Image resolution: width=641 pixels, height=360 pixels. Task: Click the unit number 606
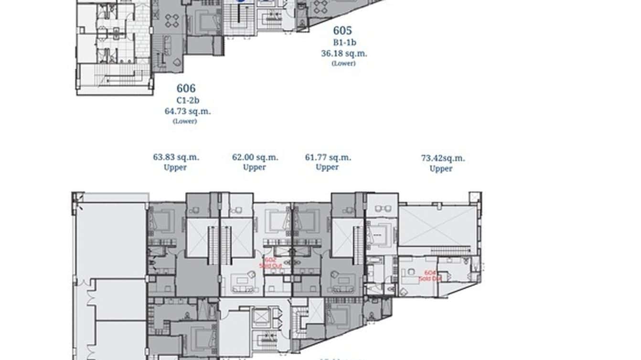186,88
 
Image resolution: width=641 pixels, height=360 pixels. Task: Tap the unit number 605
342,31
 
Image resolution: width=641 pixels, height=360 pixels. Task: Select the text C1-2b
186,101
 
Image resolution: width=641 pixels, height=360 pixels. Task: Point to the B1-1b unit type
344,43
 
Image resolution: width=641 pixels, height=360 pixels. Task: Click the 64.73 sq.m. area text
187,111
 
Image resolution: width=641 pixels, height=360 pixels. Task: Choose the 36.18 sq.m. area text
344,53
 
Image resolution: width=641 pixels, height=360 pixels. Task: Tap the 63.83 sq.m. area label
176,157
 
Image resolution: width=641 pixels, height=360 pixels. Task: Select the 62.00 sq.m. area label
255,157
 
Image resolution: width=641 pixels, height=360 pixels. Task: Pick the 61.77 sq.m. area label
328,157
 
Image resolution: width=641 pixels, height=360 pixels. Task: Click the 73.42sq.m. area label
443,158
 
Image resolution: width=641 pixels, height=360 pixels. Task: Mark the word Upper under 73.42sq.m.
440,169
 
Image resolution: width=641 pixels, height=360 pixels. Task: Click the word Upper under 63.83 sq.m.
175,167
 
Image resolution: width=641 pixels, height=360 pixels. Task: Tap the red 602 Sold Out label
271,263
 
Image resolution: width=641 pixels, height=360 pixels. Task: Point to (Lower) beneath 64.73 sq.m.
184,121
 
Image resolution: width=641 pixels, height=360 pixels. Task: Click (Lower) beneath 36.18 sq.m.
343,63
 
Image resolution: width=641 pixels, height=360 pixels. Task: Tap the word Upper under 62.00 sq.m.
254,167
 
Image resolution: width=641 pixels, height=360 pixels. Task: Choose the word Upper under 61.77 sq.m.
327,167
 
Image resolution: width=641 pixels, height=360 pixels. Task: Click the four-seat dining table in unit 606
171,20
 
